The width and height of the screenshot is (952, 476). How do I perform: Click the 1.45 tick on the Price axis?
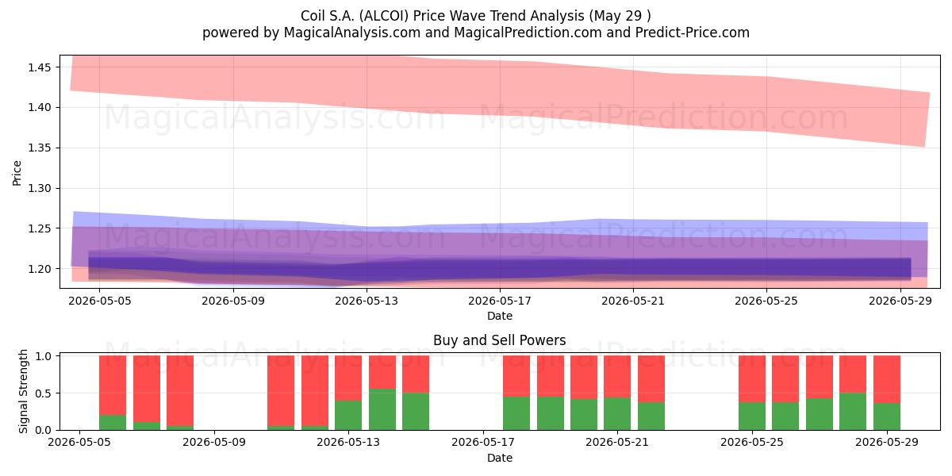coord(39,67)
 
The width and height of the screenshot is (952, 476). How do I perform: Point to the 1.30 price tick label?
coord(39,188)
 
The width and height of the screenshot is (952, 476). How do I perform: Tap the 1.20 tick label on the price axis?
coord(39,269)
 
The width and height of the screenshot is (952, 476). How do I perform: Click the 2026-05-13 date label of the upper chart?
coord(367,301)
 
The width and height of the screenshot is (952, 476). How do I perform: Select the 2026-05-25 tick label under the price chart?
coord(766,301)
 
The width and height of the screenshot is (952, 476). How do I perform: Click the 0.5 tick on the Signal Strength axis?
coord(43,393)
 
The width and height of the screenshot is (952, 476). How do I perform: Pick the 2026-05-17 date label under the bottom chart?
coord(483,442)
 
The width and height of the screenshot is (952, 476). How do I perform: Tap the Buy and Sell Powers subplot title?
coord(499,340)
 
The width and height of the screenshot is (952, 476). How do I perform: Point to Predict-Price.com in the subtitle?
coord(693,33)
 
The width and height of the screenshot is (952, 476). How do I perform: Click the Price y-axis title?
coord(17,173)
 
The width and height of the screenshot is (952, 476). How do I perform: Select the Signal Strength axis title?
coord(23,391)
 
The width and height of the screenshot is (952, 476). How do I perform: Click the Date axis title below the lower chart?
coord(499,458)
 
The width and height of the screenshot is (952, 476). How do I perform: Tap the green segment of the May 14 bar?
coord(382,409)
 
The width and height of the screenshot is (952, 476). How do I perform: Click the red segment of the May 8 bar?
coord(180,390)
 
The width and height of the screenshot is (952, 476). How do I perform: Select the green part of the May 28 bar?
coord(853,412)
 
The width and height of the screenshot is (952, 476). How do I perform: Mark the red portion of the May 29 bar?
coord(887,379)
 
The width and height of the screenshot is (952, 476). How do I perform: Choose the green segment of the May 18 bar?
coord(516,413)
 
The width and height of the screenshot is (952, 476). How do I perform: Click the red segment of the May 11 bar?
coord(281,390)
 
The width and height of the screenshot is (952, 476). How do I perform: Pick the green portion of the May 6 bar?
coord(113,422)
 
